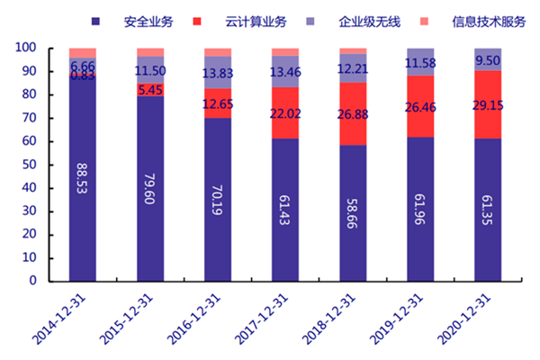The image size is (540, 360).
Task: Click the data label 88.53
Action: click(x=83, y=180)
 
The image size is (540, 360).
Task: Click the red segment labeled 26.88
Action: click(x=353, y=112)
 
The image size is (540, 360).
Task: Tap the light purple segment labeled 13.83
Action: click(x=218, y=73)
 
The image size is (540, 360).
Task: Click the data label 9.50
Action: click(x=488, y=61)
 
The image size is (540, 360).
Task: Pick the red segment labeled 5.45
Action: click(x=150, y=90)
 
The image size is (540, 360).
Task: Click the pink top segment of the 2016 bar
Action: click(x=218, y=52)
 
